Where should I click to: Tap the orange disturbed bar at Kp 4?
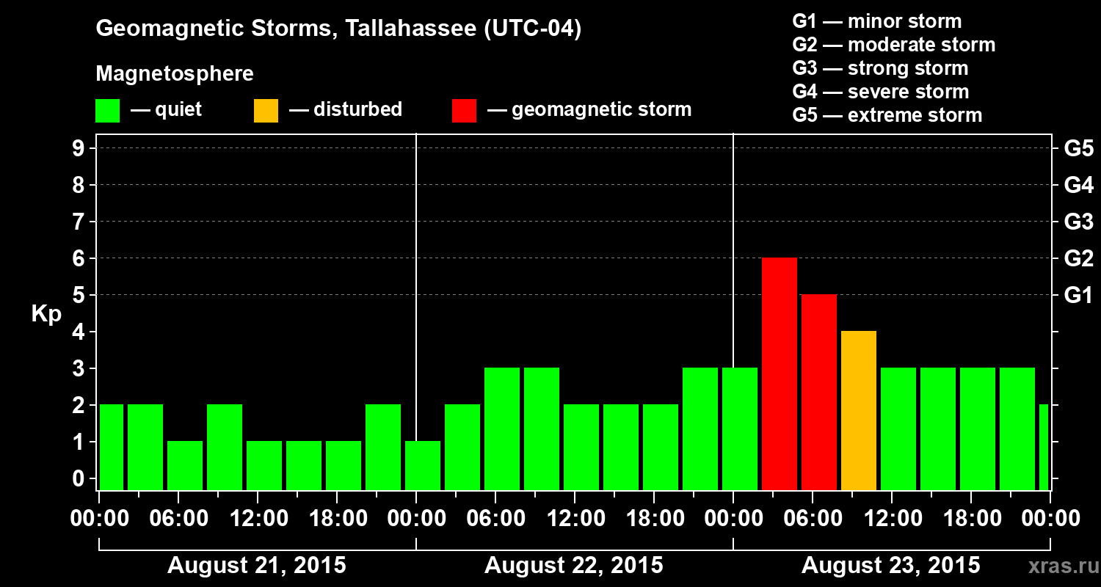tap(858, 410)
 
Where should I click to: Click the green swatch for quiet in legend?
tap(107, 111)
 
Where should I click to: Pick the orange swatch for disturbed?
tap(266, 111)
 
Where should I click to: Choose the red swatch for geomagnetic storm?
tap(464, 111)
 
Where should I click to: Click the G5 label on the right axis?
tap(1078, 149)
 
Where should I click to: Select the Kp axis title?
tap(46, 313)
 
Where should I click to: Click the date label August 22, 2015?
tap(573, 566)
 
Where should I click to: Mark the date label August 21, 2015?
tap(256, 566)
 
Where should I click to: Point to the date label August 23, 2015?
tap(890, 566)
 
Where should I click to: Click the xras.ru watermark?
tap(1058, 566)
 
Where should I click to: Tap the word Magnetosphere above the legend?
tap(175, 74)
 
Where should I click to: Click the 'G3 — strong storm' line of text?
tap(880, 68)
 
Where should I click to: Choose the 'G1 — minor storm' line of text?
tap(876, 21)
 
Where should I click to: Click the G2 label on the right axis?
tap(1078, 259)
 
